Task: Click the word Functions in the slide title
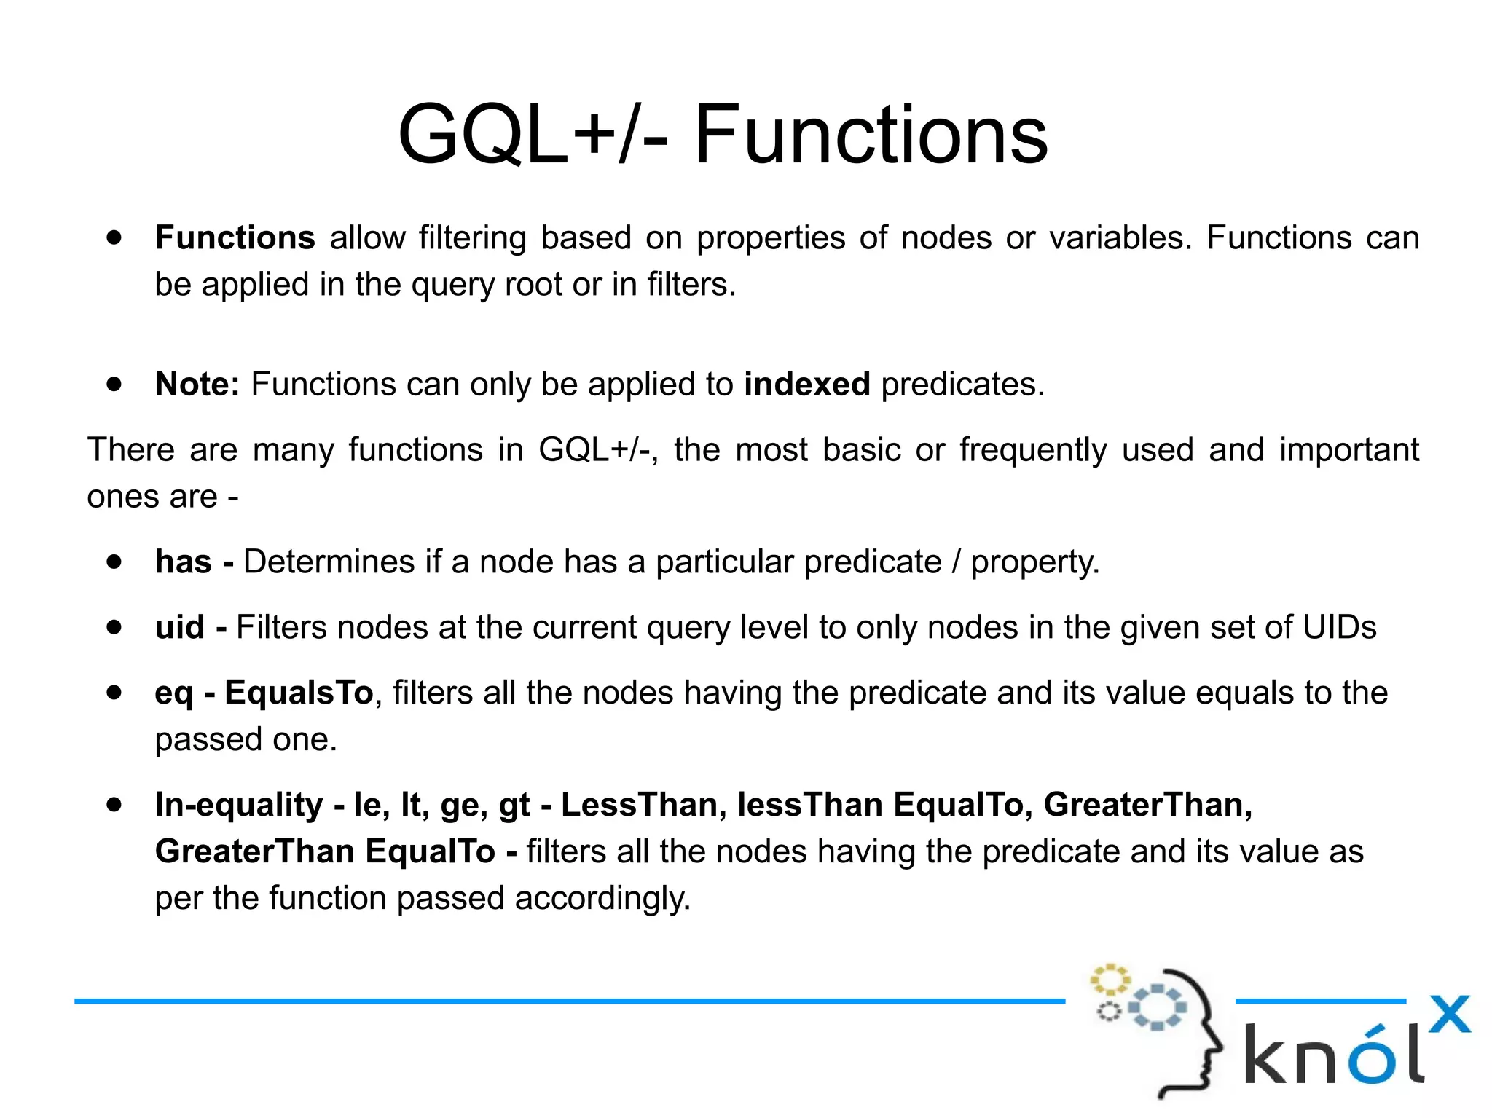click(x=871, y=135)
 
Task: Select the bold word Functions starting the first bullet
click(x=235, y=238)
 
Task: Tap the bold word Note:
click(x=197, y=385)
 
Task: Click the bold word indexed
click(x=806, y=385)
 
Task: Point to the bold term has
click(x=183, y=562)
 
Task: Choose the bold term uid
click(x=179, y=628)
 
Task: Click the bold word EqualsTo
click(x=299, y=693)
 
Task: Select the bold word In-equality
click(x=239, y=805)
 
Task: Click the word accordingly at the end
click(x=602, y=898)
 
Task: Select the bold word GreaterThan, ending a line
click(x=1147, y=805)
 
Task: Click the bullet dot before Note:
click(x=114, y=384)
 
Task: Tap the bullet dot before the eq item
click(x=114, y=692)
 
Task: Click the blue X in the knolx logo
click(x=1449, y=1015)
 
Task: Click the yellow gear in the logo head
click(x=1110, y=980)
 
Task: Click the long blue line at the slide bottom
click(x=568, y=1001)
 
